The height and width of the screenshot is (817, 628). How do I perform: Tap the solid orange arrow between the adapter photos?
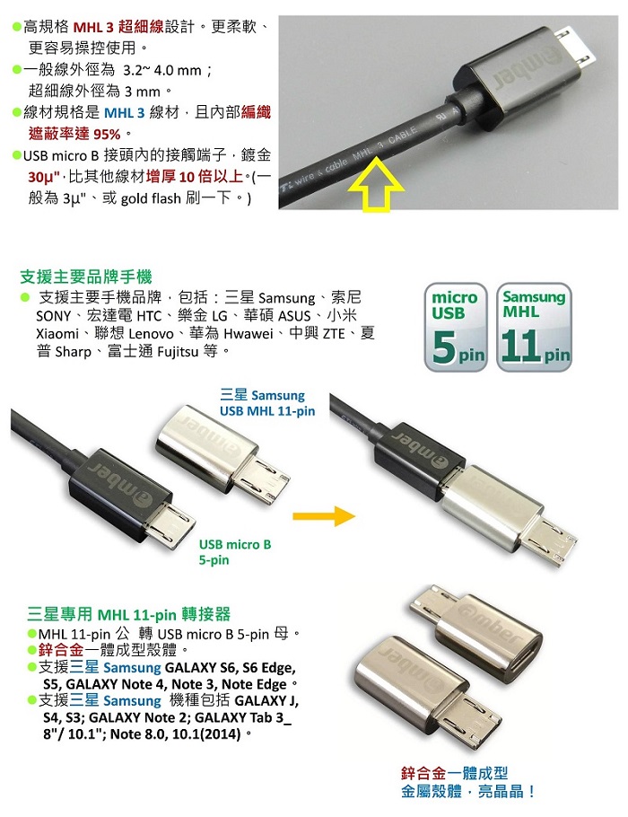click(x=324, y=516)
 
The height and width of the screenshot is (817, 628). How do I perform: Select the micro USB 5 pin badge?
click(x=456, y=327)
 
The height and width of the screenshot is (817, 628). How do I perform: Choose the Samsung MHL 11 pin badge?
click(x=535, y=327)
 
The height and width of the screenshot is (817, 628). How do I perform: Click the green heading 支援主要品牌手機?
click(x=86, y=277)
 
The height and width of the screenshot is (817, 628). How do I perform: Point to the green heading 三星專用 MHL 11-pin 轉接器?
click(x=128, y=614)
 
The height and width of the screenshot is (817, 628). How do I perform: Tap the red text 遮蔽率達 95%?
click(x=74, y=134)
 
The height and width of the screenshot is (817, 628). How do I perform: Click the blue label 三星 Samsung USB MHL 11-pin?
click(x=267, y=403)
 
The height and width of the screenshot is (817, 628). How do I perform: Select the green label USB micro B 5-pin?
click(x=235, y=552)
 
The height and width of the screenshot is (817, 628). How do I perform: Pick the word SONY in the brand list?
click(x=53, y=316)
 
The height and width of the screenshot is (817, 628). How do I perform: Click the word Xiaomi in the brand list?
click(x=57, y=333)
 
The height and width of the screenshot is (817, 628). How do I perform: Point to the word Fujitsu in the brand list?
click(x=178, y=352)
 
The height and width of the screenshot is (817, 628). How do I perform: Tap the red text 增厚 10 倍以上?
click(x=195, y=177)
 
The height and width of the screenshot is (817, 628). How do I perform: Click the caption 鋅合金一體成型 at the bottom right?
click(x=454, y=773)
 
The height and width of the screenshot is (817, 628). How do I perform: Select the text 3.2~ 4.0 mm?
click(x=162, y=70)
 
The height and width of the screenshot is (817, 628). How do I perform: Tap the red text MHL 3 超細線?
click(x=118, y=26)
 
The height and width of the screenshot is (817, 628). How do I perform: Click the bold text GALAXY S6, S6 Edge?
click(x=231, y=667)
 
